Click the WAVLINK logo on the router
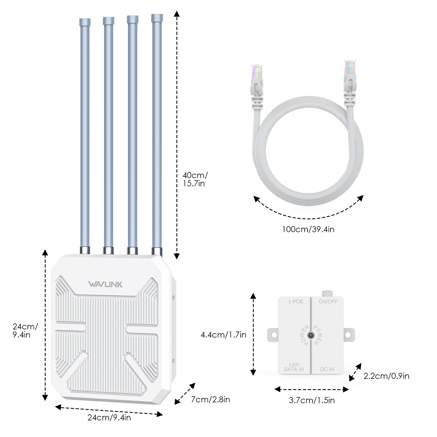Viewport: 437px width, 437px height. (105, 284)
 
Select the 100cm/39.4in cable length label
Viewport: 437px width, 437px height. (308, 229)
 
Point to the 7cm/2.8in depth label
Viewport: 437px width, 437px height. (210, 400)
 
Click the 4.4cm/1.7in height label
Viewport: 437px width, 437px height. (223, 335)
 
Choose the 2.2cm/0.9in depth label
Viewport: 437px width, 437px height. (386, 376)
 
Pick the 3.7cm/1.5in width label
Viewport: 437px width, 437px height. (312, 400)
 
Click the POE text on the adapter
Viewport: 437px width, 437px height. (296, 302)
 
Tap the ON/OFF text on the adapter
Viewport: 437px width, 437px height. (328, 302)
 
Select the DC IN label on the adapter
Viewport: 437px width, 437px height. (327, 369)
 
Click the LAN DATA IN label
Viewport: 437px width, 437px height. (294, 367)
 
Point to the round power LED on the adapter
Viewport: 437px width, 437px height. (311, 335)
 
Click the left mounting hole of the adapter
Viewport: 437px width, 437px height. (274, 335)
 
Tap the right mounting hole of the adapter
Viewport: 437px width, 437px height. (348, 335)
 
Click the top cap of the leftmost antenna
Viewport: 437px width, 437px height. (85, 22)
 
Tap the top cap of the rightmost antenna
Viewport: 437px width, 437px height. (157, 18)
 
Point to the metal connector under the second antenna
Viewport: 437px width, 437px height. (108, 250)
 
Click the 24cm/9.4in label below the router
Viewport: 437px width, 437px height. (109, 418)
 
